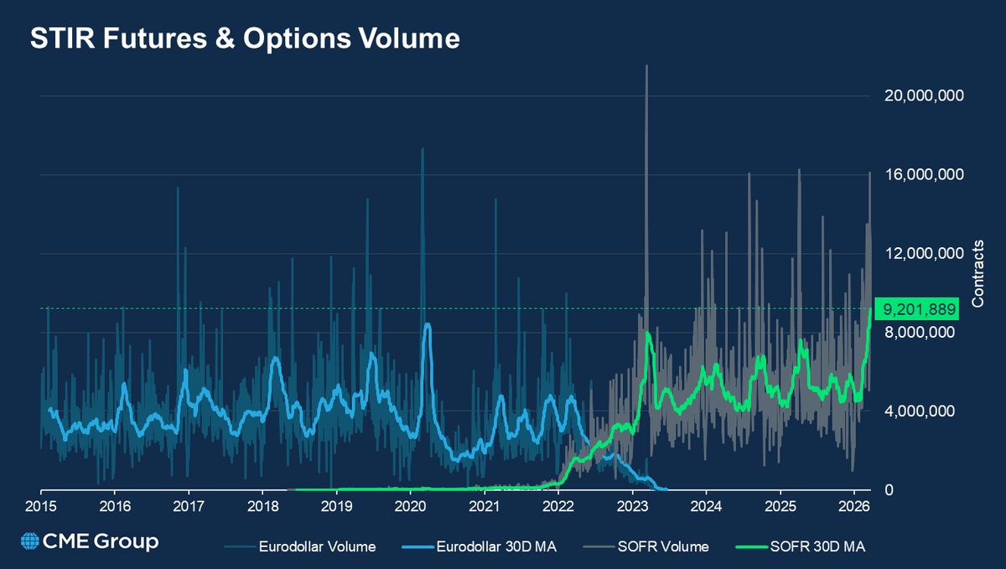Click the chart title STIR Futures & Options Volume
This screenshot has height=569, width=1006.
point(245,39)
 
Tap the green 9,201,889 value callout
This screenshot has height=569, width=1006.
point(915,309)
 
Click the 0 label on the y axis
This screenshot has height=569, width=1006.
point(889,490)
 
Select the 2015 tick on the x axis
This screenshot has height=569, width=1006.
point(41,508)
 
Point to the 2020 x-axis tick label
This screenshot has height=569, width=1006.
point(411,508)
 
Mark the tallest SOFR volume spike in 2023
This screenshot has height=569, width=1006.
point(646,67)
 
